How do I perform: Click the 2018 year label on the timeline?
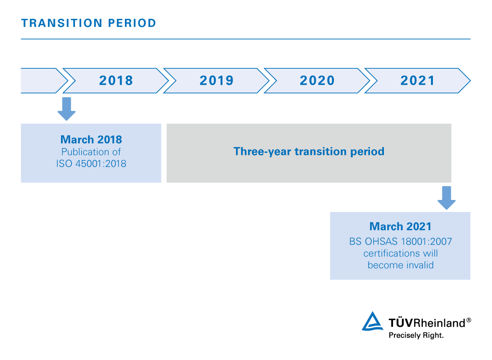[x=116, y=80]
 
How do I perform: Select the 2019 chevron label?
[x=217, y=80]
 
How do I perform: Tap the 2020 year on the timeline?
[x=317, y=80]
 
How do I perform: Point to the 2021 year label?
[x=418, y=80]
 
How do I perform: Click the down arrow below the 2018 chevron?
[x=66, y=109]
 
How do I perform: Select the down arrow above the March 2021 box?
[x=446, y=198]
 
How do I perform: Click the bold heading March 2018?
[x=91, y=139]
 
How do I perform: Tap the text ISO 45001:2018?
[x=91, y=163]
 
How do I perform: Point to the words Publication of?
[x=91, y=152]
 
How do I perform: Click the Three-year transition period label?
[x=309, y=151]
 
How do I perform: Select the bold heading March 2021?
[x=400, y=226]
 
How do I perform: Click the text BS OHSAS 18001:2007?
[x=400, y=241]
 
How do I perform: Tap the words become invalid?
[x=400, y=265]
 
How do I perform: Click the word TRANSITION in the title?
[x=62, y=23]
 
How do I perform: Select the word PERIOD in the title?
[x=132, y=23]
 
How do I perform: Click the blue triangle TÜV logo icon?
[x=372, y=321]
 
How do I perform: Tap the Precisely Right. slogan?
[x=416, y=335]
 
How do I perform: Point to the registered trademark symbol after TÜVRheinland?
[x=469, y=320]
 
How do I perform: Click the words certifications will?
[x=400, y=253]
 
